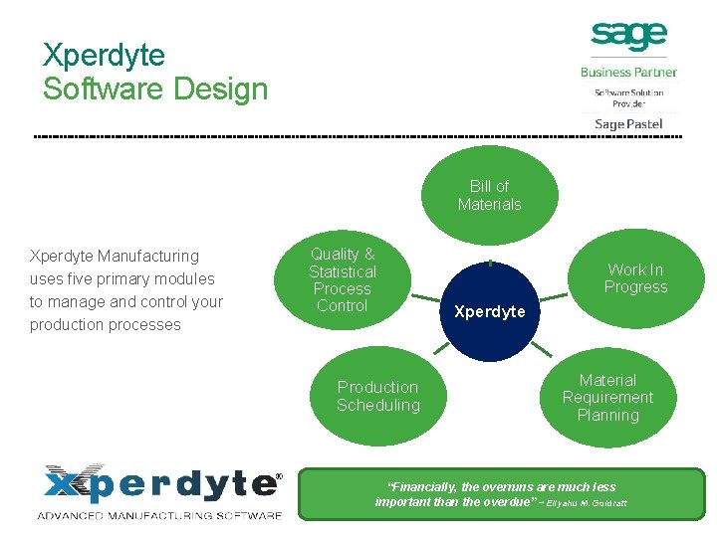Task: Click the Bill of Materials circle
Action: click(489, 195)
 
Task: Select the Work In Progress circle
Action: click(635, 278)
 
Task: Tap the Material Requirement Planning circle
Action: click(607, 397)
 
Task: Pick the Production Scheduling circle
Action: click(378, 396)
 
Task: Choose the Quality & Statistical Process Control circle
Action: click(343, 280)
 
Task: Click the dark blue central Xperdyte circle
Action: click(489, 311)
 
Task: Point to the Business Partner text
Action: click(628, 72)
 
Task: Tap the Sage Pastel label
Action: click(628, 123)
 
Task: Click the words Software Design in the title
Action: click(155, 89)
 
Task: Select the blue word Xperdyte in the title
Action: click(104, 55)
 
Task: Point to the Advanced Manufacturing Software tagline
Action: click(159, 515)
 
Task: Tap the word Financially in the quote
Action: click(423, 487)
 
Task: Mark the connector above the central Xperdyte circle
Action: click(490, 263)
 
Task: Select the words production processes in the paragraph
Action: click(106, 325)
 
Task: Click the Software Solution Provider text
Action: click(628, 97)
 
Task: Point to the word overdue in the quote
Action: click(512, 502)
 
